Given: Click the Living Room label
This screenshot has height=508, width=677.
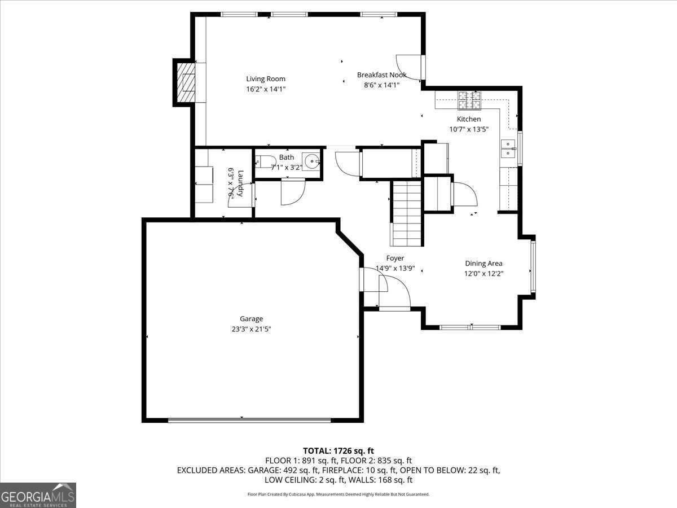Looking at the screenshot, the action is click(x=266, y=79).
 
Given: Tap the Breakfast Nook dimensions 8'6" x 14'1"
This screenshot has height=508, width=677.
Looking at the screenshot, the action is click(x=381, y=85).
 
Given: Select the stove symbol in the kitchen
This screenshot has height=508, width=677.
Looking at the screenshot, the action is click(x=469, y=100).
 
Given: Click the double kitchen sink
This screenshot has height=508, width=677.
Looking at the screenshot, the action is click(x=508, y=148).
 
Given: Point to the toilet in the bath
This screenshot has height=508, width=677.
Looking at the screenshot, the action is click(x=265, y=162).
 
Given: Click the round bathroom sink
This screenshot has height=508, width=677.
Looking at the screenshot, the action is click(x=311, y=161).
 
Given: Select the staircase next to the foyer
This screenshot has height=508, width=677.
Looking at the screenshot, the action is click(x=407, y=213).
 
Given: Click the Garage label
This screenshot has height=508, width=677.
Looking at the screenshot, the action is click(x=251, y=318).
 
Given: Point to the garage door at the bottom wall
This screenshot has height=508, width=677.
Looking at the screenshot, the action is click(x=249, y=420).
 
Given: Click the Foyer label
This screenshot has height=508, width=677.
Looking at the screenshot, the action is click(x=395, y=258).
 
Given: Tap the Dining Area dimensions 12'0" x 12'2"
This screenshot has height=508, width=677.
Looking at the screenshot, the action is click(x=483, y=274).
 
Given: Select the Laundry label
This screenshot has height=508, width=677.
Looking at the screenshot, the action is click(x=240, y=183).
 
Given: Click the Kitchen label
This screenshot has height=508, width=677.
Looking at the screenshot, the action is click(x=468, y=119).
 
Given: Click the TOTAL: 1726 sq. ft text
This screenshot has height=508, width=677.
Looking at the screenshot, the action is click(x=338, y=451).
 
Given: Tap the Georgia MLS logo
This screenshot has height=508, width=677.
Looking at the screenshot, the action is click(x=38, y=495).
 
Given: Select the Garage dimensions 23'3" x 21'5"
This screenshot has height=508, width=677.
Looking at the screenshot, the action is click(x=251, y=329).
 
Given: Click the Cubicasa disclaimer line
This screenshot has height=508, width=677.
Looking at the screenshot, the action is click(x=338, y=494).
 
